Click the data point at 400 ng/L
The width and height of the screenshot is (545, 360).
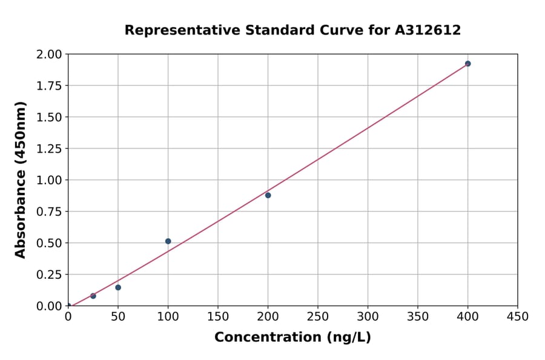coord(467,64)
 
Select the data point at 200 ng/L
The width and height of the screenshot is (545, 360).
coord(268,195)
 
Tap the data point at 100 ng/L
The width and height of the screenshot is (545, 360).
coord(168,241)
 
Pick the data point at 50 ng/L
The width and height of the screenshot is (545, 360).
coord(118,287)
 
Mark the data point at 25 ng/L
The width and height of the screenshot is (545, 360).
coord(93,296)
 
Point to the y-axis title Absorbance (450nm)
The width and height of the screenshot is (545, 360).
coord(21,180)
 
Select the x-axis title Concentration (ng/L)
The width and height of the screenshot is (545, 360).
coord(292,338)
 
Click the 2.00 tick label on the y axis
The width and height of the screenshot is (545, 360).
coord(50,55)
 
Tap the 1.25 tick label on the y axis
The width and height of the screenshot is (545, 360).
coord(50,148)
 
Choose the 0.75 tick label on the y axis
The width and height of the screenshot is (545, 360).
coord(50,212)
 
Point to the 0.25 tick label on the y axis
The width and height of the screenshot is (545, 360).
coord(50,275)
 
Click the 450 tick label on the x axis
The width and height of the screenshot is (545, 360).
coord(517,317)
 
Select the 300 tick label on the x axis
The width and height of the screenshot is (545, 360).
coord(368,317)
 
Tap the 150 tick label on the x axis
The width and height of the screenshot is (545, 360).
coord(218,317)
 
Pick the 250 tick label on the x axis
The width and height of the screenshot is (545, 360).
coord(318,317)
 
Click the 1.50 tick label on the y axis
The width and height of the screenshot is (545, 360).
coord(50,117)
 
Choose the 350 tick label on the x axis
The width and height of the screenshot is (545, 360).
coord(418,317)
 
